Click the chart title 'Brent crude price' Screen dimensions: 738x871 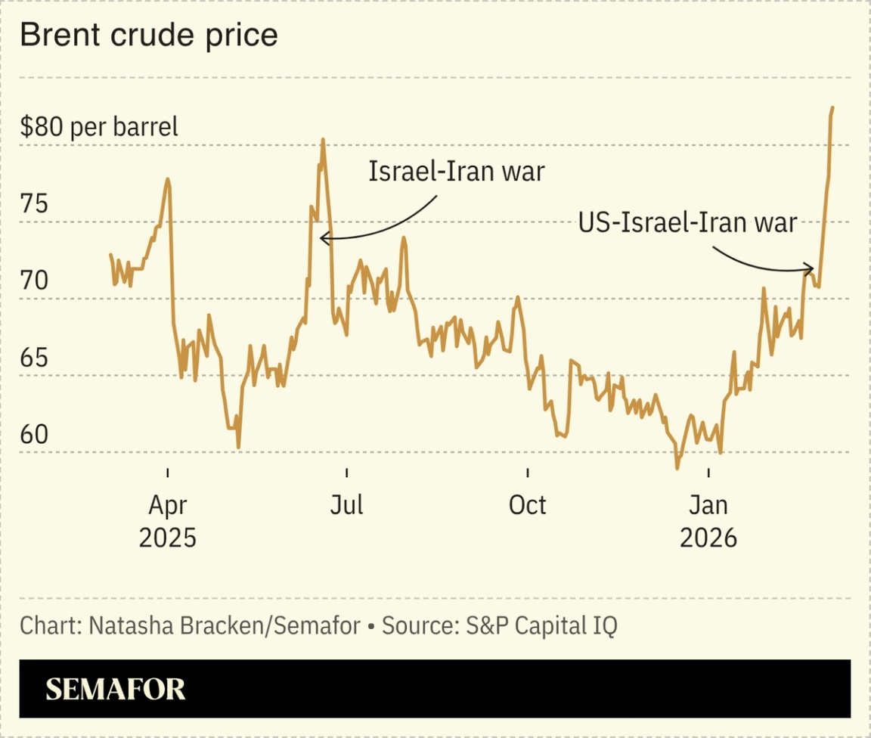[x=148, y=36]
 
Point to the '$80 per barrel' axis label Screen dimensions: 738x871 [x=99, y=126]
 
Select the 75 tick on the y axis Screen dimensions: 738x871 [x=34, y=204]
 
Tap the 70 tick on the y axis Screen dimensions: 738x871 [x=34, y=281]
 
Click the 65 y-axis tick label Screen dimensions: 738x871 [x=34, y=358]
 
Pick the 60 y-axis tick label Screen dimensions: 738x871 [x=34, y=435]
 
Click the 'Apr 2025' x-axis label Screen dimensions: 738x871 [x=167, y=520]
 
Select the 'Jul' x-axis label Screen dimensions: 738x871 [x=346, y=504]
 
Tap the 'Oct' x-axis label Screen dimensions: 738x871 [x=527, y=504]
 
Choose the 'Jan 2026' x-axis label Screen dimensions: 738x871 [x=708, y=520]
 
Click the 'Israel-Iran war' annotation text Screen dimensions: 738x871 [x=456, y=172]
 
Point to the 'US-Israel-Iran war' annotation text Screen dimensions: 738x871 [x=687, y=223]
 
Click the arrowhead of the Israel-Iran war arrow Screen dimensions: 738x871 [x=323, y=238]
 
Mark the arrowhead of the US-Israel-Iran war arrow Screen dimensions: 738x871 [x=811, y=269]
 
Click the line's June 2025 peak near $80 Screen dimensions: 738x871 [x=323, y=140]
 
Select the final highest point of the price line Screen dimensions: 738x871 [x=832, y=108]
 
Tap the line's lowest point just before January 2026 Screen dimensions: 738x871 [x=677, y=468]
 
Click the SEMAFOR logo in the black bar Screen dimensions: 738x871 [x=115, y=689]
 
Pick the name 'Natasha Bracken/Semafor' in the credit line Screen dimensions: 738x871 [x=224, y=626]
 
